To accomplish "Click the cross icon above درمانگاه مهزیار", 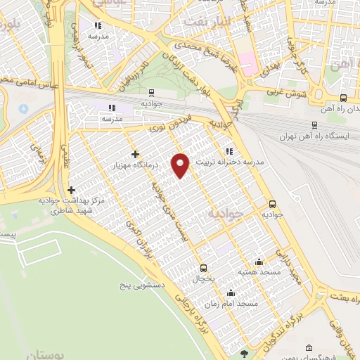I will point(136,154).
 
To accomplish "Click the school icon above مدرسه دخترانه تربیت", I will point(229,151).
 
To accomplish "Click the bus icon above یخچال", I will point(204,267).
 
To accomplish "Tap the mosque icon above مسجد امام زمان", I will point(231,293).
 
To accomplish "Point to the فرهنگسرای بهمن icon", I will point(309,347).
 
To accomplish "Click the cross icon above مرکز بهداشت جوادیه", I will point(71,190).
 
